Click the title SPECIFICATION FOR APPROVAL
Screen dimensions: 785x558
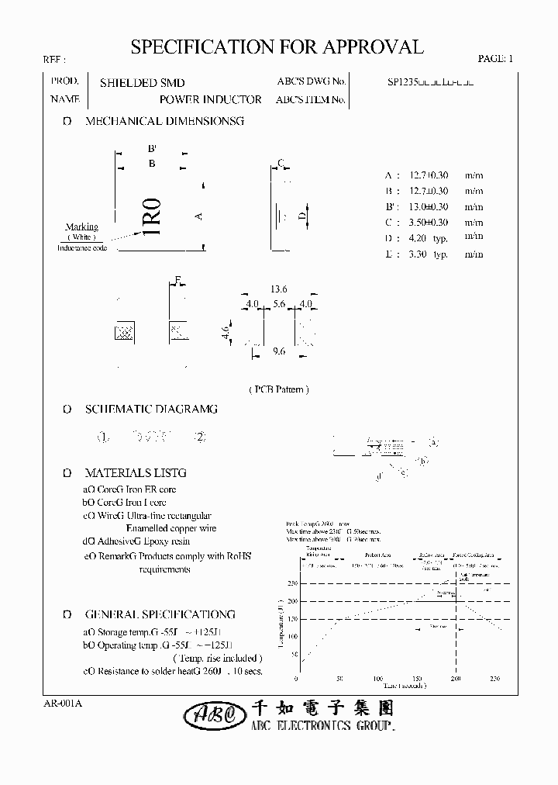(277, 47)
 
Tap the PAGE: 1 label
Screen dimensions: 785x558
(495, 58)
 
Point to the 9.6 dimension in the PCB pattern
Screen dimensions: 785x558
(280, 351)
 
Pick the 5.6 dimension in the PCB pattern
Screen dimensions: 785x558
(279, 304)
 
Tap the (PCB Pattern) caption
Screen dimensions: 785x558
(278, 389)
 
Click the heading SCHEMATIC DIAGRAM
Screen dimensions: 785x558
(151, 409)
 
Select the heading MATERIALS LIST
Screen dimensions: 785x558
(136, 472)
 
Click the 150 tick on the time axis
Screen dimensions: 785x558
(419, 679)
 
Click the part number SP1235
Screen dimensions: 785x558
(402, 81)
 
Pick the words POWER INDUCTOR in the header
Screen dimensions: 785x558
(210, 100)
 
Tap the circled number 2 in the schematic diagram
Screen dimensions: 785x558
(200, 437)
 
